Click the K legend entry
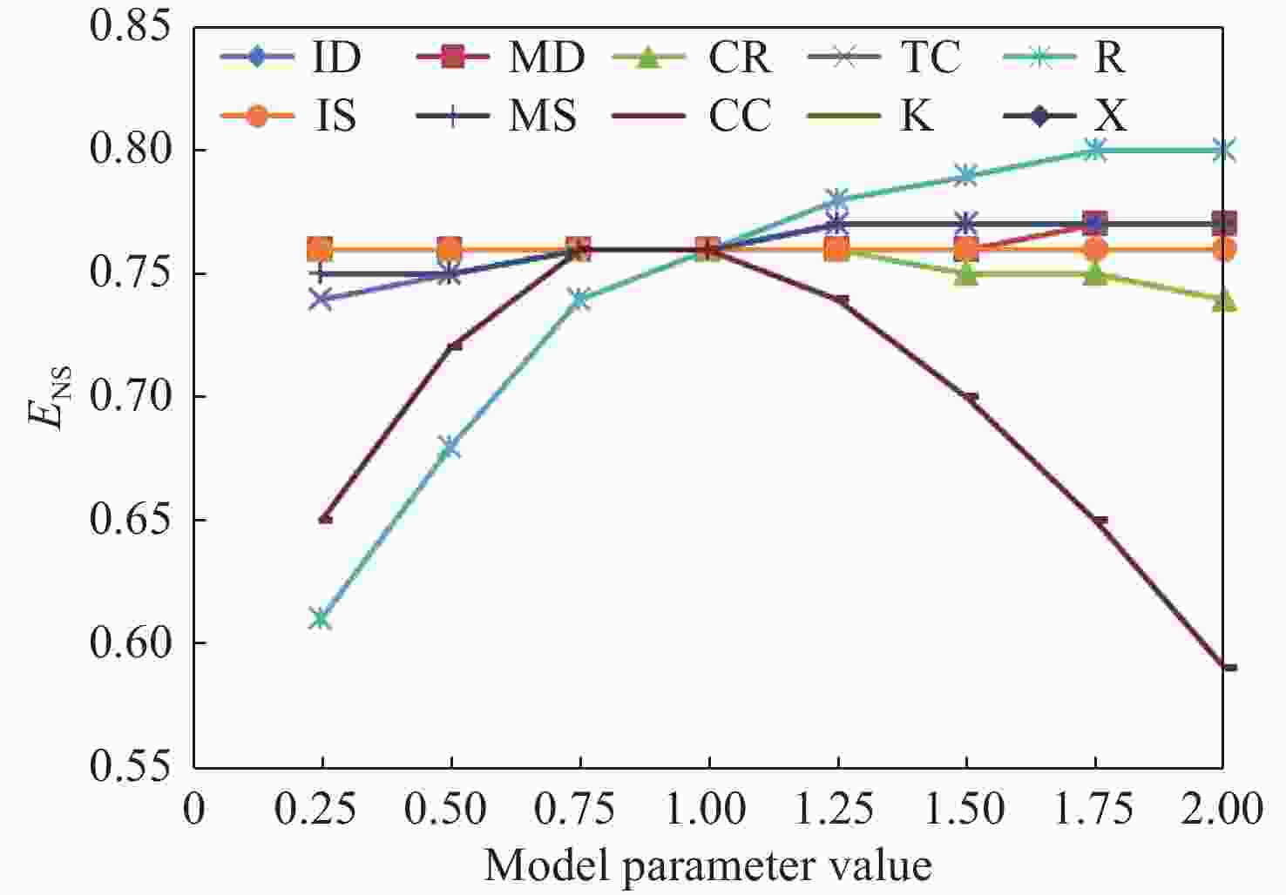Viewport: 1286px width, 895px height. [880, 115]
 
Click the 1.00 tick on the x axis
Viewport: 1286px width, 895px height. [708, 809]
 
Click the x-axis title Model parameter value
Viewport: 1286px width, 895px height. [707, 865]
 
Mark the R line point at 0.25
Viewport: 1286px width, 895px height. [321, 619]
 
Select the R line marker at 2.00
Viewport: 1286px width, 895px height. [1223, 151]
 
